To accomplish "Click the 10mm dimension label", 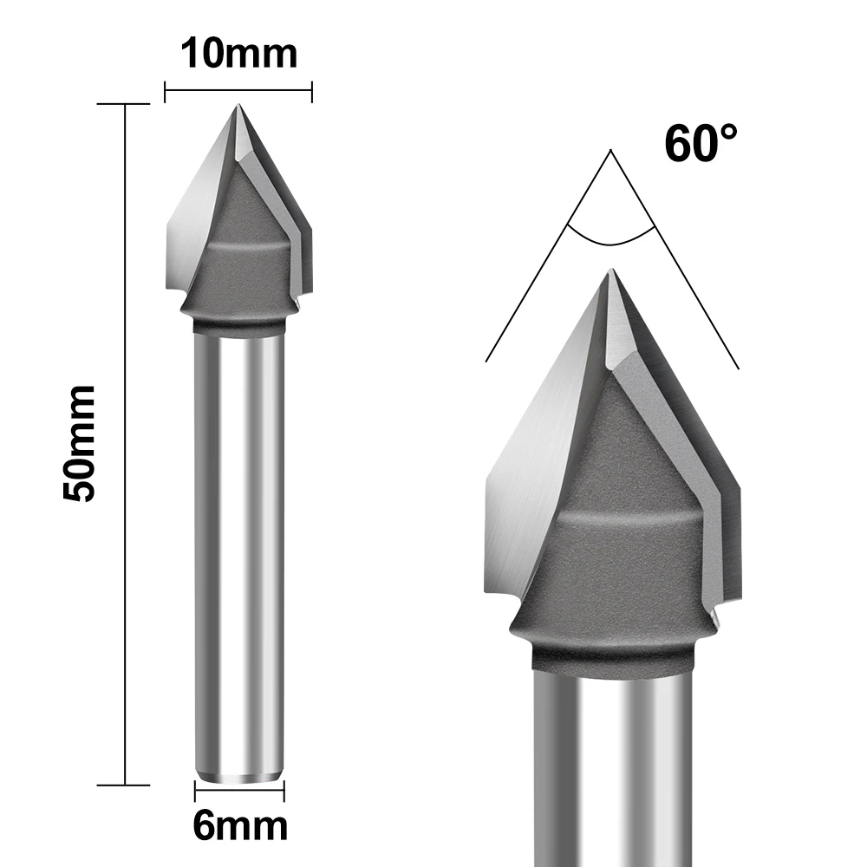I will click(238, 53).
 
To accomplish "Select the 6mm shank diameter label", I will click(239, 825).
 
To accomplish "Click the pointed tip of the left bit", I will click(237, 107).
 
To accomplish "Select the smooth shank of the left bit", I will click(239, 555).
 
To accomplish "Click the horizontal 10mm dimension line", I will click(238, 89).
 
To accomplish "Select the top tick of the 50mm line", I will click(127, 104).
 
